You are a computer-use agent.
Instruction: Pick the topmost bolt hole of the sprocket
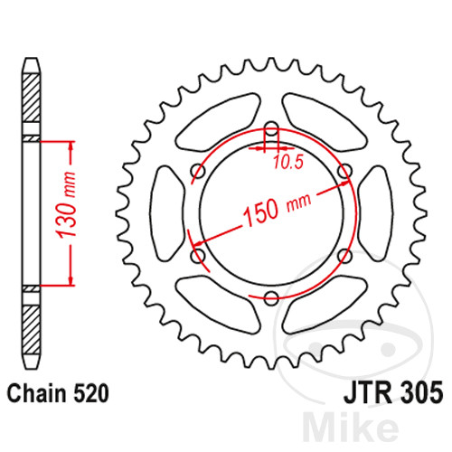point(270,129)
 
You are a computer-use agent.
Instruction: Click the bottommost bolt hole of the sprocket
point(270,298)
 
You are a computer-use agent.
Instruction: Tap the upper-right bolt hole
point(344,172)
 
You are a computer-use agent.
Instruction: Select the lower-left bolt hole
point(197,257)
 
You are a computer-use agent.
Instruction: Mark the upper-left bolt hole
point(197,172)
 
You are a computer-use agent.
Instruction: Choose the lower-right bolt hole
point(344,257)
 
